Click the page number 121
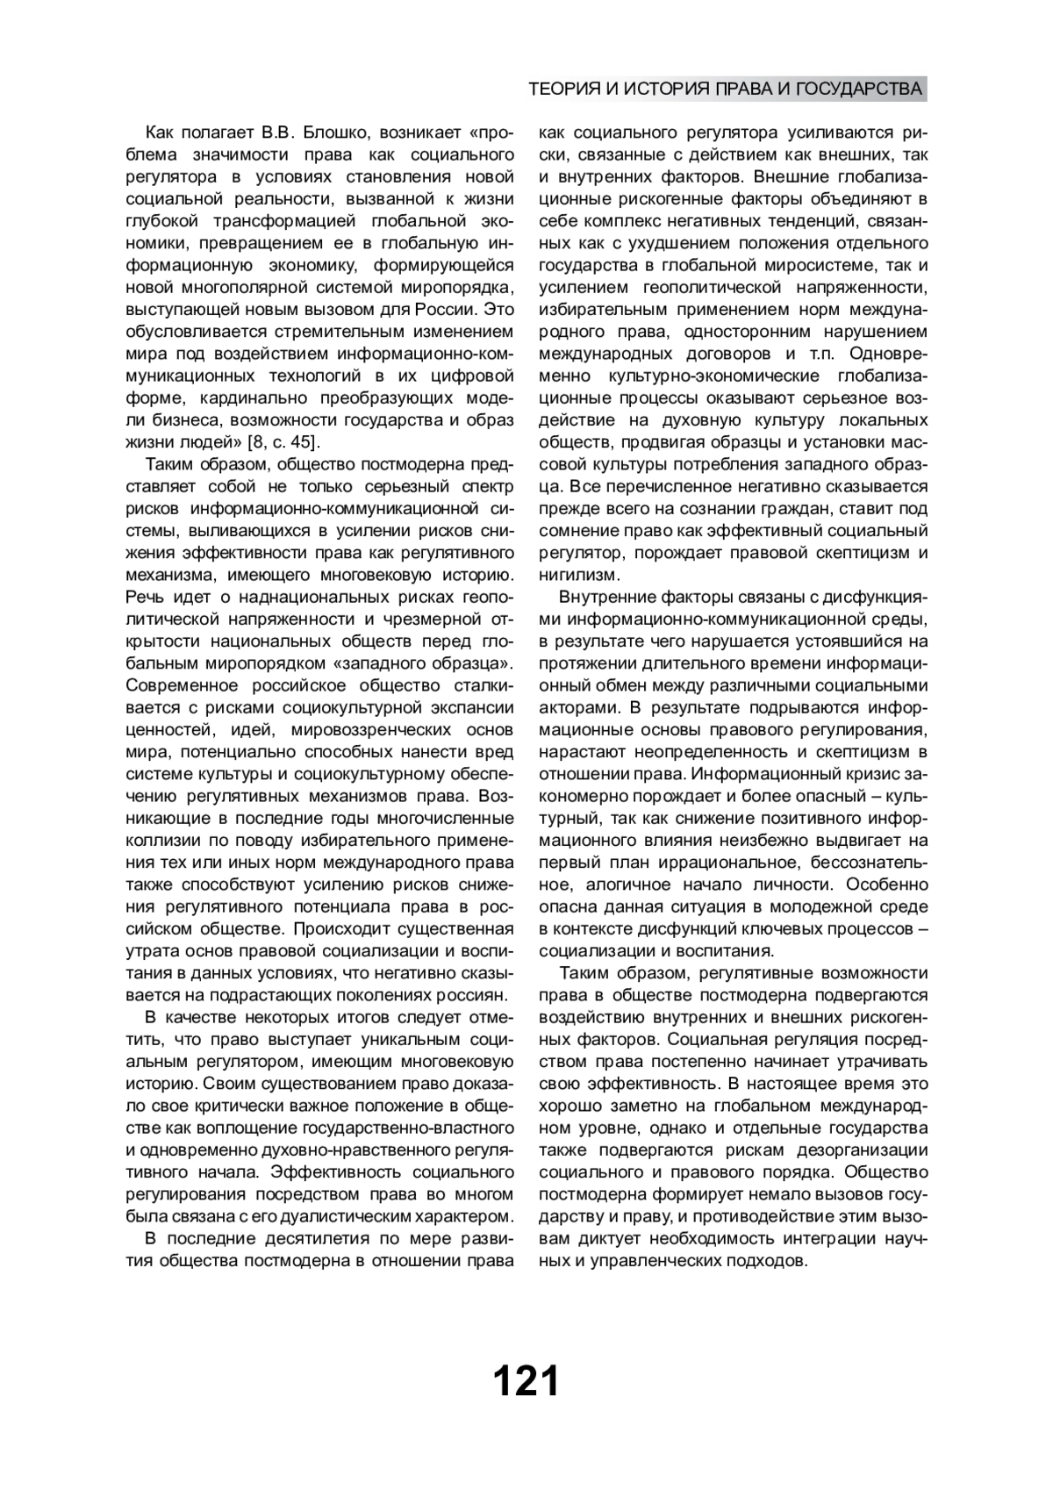tap(526, 1380)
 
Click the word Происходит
tap(333, 928)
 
